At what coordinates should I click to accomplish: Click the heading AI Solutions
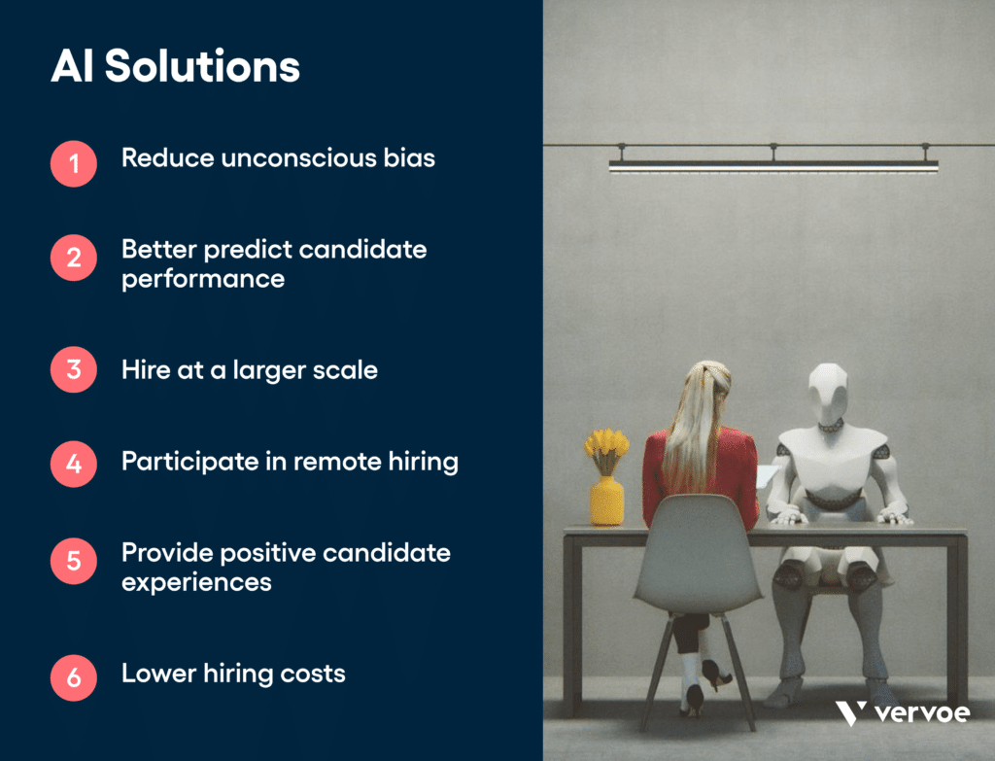pos(175,67)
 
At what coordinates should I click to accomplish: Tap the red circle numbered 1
pos(74,163)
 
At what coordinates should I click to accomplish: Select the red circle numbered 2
pos(74,258)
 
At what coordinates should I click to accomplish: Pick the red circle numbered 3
pos(74,369)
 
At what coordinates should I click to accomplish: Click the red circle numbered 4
pos(74,462)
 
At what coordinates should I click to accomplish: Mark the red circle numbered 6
pos(74,677)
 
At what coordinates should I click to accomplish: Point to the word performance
pos(203,279)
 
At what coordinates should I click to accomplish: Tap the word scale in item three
pos(347,369)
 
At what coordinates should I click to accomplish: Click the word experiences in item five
pos(196,582)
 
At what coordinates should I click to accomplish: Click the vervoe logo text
pos(921,712)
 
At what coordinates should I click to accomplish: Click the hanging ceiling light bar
pos(772,166)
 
